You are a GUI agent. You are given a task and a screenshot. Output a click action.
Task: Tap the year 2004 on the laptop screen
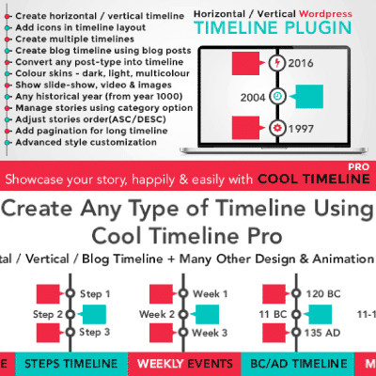[x=251, y=95]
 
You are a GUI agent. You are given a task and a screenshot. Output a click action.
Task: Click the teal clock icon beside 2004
[x=276, y=95]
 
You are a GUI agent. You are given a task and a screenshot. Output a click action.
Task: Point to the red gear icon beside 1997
[x=276, y=126]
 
